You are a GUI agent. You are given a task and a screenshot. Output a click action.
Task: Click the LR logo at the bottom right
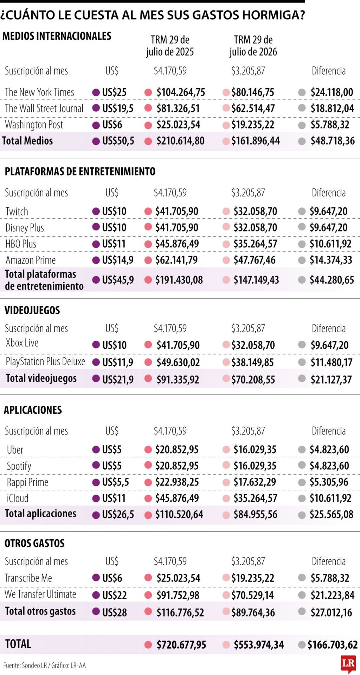[x=348, y=663]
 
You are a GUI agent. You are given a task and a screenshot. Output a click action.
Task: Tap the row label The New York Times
[x=39, y=92]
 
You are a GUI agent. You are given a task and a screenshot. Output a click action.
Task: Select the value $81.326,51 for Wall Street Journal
[x=178, y=108]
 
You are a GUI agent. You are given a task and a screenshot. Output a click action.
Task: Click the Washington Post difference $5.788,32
[x=330, y=124]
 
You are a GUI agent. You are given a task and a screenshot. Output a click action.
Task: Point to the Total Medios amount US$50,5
[x=118, y=141]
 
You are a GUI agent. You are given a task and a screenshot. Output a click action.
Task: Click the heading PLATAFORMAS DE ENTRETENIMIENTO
[x=80, y=171]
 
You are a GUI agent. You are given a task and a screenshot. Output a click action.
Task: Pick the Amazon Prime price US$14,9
[x=118, y=260]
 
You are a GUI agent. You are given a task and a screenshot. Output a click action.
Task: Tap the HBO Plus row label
[x=21, y=244]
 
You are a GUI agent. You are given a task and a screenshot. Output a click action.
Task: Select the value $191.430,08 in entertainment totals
[x=179, y=280]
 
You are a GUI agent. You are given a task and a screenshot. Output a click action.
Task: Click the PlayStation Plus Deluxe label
[x=45, y=361]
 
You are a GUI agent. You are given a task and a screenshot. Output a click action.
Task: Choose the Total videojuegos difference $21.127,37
[x=331, y=379]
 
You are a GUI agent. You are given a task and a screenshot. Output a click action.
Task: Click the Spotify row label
[x=19, y=466]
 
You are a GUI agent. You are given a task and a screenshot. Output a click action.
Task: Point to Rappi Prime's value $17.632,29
[x=255, y=482]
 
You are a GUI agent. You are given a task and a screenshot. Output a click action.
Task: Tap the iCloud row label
[x=18, y=498]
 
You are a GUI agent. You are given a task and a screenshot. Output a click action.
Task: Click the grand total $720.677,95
[x=181, y=645]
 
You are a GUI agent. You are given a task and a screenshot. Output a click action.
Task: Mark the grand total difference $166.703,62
[x=333, y=645]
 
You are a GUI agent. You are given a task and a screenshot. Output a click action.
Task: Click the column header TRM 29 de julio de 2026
[x=253, y=46]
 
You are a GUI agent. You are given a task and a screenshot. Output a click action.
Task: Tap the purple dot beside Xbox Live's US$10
[x=96, y=345]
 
